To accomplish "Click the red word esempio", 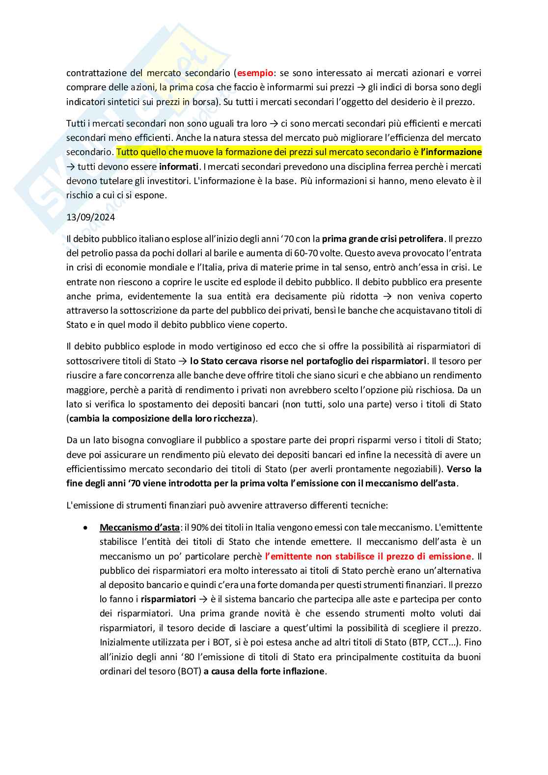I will click(255, 73).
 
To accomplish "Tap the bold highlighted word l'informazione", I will click(451, 152).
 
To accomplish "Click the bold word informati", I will click(179, 166).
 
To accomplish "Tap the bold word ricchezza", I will click(231, 419).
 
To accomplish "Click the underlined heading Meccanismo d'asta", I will click(139, 528).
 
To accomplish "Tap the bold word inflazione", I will click(303, 671).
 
